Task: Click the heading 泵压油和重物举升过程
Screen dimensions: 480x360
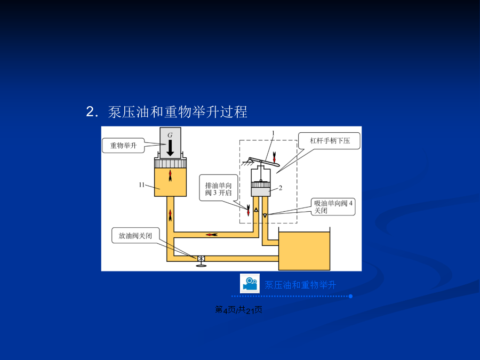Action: pos(178,112)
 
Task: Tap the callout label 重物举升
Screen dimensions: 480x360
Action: pos(123,146)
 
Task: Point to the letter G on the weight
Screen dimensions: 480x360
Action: pos(170,135)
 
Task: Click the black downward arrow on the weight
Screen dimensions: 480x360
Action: pos(170,148)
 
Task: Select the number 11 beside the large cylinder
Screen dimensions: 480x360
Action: pos(141,185)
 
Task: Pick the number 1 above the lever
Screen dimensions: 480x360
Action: pos(274,133)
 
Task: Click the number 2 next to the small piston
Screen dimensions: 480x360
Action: pos(281,188)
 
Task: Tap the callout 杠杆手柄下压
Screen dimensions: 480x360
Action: pos(330,140)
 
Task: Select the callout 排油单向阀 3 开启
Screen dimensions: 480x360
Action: pos(218,189)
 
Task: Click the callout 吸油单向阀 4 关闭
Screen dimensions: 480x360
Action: pos(333,206)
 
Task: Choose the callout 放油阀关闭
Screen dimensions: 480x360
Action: pos(135,235)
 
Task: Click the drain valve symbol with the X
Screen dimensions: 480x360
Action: pos(201,259)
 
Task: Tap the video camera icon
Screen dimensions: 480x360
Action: pos(250,284)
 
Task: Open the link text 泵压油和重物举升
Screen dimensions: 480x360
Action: pos(300,285)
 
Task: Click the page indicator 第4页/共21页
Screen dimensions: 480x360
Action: pos(238,310)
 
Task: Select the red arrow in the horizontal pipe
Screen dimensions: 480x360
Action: pos(212,235)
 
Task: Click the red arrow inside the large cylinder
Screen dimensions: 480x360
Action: pos(170,175)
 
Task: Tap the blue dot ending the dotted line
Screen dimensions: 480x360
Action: pos(350,296)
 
